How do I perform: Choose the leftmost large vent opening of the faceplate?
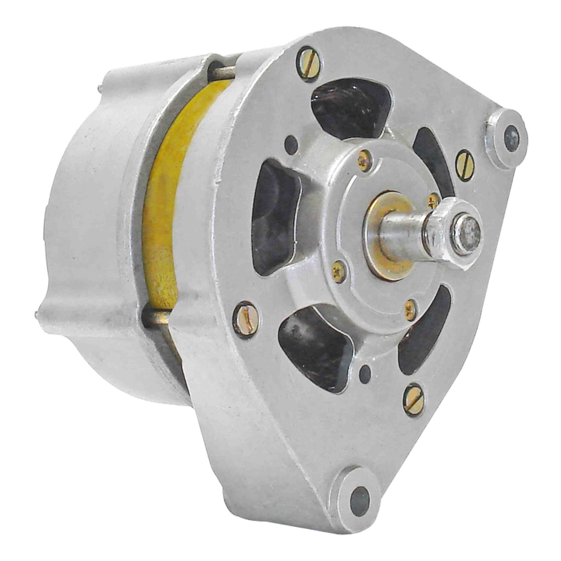[x=276, y=215]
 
